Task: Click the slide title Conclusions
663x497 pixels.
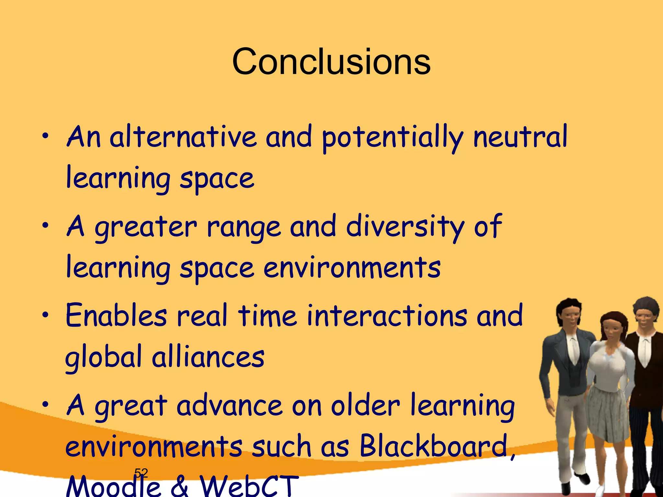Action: coord(331,61)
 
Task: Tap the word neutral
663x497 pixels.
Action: coord(520,137)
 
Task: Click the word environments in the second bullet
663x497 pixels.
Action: coord(352,269)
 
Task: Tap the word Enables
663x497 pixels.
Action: coord(116,315)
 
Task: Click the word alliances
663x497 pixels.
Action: coord(208,357)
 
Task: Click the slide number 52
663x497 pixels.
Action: coord(141,473)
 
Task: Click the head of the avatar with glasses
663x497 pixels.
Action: coord(645,312)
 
